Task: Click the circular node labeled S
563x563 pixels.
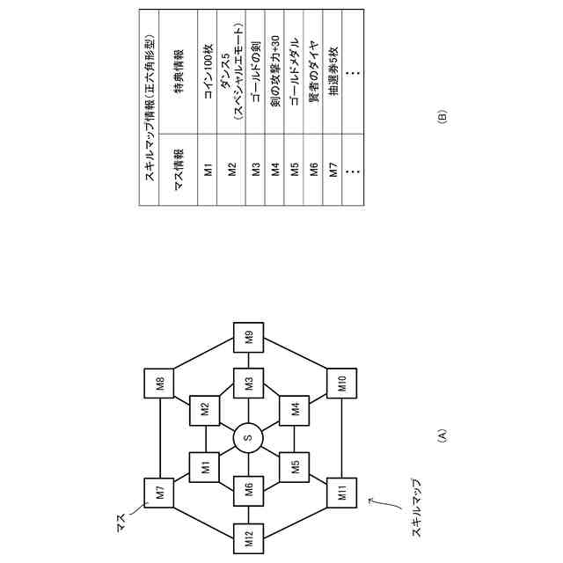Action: [249, 437]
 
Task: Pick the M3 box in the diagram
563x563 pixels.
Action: [249, 384]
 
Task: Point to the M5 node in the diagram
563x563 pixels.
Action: [294, 466]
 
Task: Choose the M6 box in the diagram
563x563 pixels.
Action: [249, 491]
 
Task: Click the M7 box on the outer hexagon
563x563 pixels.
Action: [160, 491]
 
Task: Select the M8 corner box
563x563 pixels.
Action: [160, 384]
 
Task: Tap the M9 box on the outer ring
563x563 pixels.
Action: [249, 336]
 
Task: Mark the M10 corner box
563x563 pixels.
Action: [339, 384]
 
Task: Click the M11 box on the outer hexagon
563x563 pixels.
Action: [339, 491]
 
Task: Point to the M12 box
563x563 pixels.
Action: [249, 538]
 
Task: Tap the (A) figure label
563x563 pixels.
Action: [442, 437]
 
